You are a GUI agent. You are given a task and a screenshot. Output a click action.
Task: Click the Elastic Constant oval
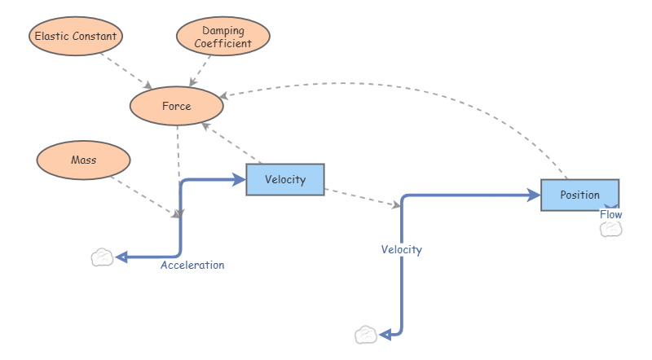pos(75,36)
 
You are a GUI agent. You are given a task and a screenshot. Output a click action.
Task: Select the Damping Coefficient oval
pos(222,36)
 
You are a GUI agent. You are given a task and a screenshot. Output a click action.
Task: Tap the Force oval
pos(176,106)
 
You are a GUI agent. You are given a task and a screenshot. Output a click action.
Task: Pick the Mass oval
pos(83,160)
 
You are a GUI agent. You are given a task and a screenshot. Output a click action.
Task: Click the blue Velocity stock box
pos(285,180)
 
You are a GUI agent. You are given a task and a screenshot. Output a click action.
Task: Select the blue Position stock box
pos(579,195)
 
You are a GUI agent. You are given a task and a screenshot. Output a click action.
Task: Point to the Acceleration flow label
pos(192,265)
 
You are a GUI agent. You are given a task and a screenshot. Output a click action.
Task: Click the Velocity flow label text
pos(402,249)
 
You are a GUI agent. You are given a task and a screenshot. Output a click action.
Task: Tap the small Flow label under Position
pos(611,214)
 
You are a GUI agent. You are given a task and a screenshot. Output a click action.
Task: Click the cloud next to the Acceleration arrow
pos(102,257)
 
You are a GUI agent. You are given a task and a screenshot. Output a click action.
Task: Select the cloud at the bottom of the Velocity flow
pos(367,334)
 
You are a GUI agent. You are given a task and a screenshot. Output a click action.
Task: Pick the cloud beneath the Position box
pos(611,229)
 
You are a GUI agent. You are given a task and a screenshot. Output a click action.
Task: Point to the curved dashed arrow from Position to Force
pos(391,84)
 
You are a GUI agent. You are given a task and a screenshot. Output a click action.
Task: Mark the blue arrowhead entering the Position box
pos(535,195)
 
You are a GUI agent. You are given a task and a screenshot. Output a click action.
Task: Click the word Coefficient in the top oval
pos(222,43)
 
